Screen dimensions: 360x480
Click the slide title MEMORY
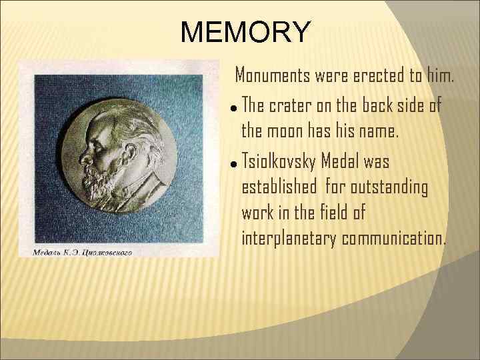click(x=245, y=31)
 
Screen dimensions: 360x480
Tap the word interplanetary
click(x=289, y=239)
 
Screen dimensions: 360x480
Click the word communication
click(x=393, y=239)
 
